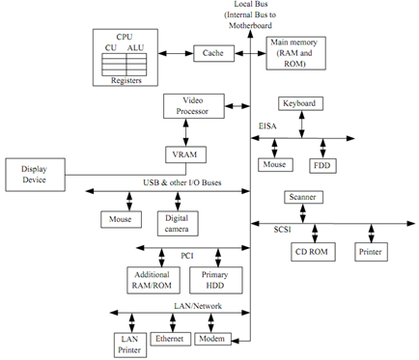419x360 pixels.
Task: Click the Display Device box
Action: click(x=34, y=175)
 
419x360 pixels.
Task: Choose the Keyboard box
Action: click(x=299, y=102)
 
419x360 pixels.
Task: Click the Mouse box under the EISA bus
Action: click(x=275, y=164)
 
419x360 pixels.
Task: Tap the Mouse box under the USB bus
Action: click(x=121, y=219)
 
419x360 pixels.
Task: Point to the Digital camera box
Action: click(x=177, y=223)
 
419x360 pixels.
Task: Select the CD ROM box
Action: click(x=311, y=252)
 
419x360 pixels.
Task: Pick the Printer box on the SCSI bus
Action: click(x=371, y=252)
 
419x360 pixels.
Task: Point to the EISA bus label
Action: click(x=267, y=126)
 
